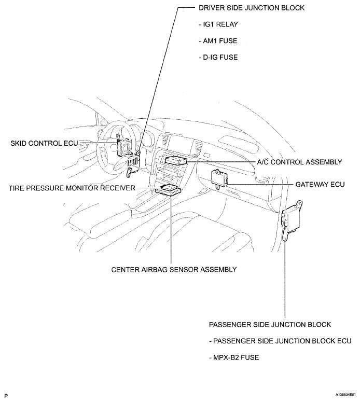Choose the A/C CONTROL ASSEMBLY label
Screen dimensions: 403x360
pos(299,162)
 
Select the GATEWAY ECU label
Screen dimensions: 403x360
pos(320,185)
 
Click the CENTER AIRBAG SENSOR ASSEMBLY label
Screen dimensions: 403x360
pos(174,270)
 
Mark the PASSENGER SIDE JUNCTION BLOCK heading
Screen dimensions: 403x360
pos(270,325)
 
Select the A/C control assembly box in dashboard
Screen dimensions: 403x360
pos(175,160)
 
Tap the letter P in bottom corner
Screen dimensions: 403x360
pos(6,396)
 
